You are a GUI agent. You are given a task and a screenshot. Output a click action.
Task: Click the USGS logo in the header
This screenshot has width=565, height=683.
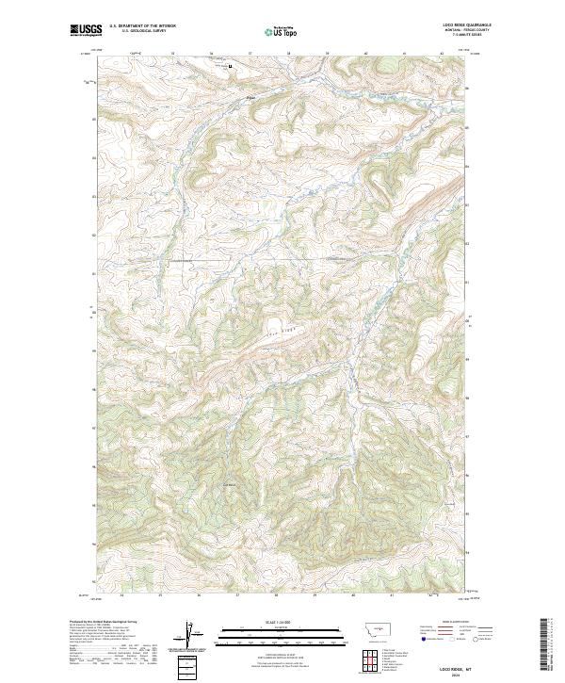pyautogui.click(x=84, y=31)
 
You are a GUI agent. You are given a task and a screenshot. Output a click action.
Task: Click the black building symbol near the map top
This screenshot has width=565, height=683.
pyautogui.click(x=231, y=67)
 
